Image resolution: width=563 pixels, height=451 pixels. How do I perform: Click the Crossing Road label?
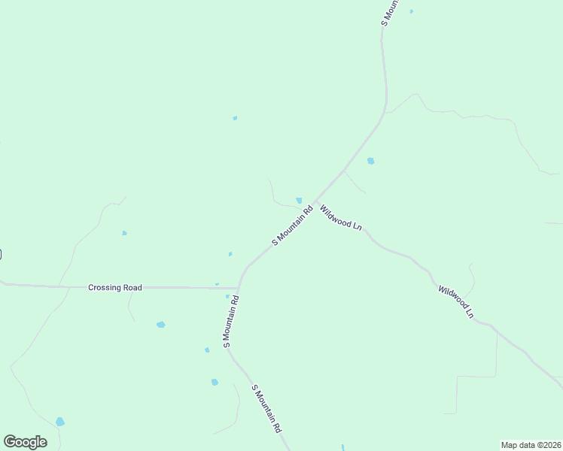click(x=114, y=287)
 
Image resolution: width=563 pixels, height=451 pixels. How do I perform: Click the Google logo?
click(x=25, y=442)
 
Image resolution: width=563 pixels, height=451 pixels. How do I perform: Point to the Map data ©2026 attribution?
click(x=531, y=444)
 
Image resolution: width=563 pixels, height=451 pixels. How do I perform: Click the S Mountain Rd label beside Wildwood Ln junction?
click(x=292, y=225)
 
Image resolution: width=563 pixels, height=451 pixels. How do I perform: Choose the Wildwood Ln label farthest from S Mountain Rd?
click(x=456, y=301)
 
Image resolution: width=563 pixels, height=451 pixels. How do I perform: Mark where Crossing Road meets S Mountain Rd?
click(x=239, y=287)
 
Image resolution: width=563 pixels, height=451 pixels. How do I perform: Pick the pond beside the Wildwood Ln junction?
click(x=299, y=201)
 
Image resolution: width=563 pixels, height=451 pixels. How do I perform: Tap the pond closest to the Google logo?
click(x=59, y=422)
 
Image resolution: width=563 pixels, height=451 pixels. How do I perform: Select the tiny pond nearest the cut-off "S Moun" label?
click(x=411, y=11)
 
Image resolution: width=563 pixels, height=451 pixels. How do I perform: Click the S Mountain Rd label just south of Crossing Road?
click(x=231, y=320)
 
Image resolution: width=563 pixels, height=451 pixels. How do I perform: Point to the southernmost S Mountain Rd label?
click(x=266, y=408)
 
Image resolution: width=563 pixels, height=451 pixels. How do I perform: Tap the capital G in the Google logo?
click(x=10, y=442)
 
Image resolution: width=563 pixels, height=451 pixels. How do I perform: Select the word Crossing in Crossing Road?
click(x=104, y=287)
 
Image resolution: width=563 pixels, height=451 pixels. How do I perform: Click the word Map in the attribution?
click(x=510, y=444)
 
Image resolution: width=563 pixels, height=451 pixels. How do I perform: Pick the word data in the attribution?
click(x=526, y=444)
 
